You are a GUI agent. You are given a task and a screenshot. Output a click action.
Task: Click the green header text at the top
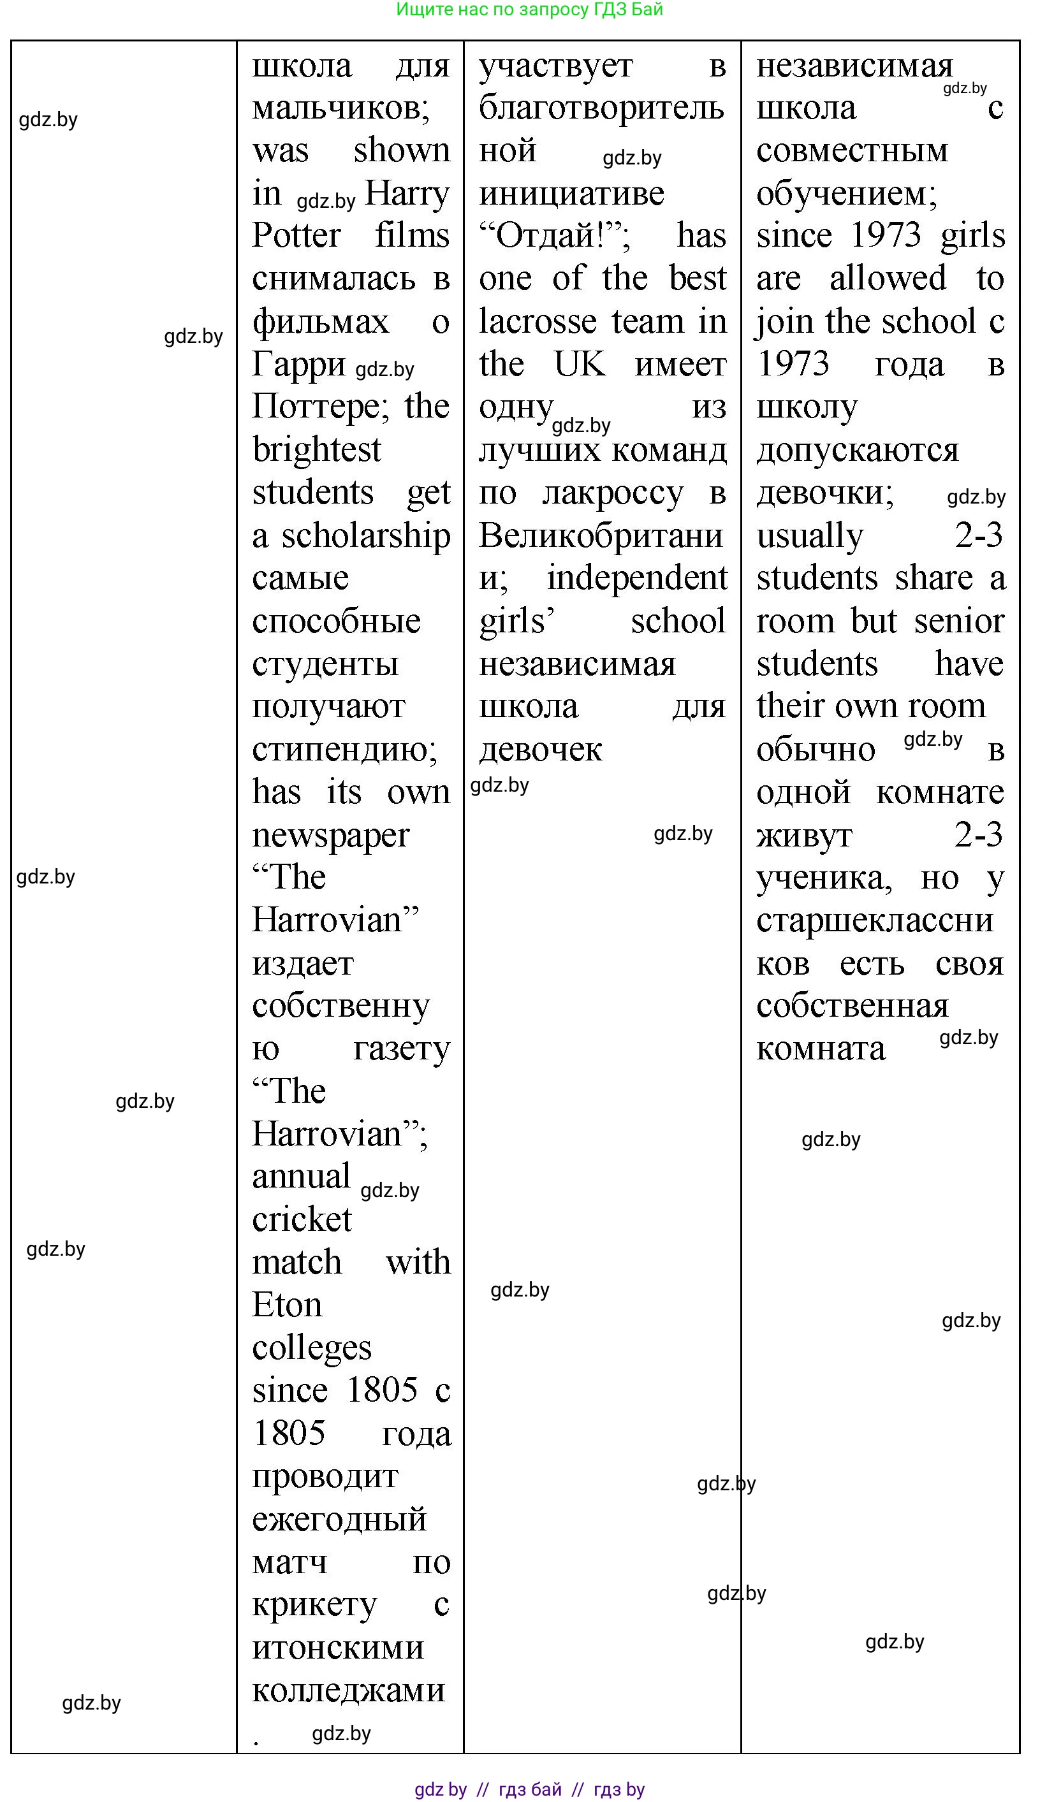tap(529, 10)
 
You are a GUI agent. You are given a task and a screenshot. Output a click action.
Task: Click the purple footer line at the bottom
tap(529, 1789)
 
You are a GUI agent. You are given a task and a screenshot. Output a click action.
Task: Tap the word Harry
tap(406, 194)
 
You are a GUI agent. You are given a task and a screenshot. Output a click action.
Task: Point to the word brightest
tap(316, 451)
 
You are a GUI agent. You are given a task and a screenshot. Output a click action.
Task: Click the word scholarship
tap(365, 536)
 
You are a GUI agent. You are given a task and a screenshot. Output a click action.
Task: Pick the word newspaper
tap(330, 836)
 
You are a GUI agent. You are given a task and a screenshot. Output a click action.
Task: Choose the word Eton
tap(287, 1305)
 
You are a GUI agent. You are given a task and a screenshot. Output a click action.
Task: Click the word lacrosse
tap(538, 323)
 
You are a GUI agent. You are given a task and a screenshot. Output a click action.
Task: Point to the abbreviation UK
tap(580, 365)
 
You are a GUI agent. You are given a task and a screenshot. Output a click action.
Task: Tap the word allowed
tap(887, 279)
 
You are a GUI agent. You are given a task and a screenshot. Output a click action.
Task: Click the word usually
tap(810, 536)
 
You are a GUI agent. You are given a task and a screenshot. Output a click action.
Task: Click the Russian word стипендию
tap(345, 750)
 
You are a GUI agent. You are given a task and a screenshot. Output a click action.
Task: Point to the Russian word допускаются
tap(857, 451)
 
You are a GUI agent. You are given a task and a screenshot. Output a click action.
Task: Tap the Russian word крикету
tap(314, 1605)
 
